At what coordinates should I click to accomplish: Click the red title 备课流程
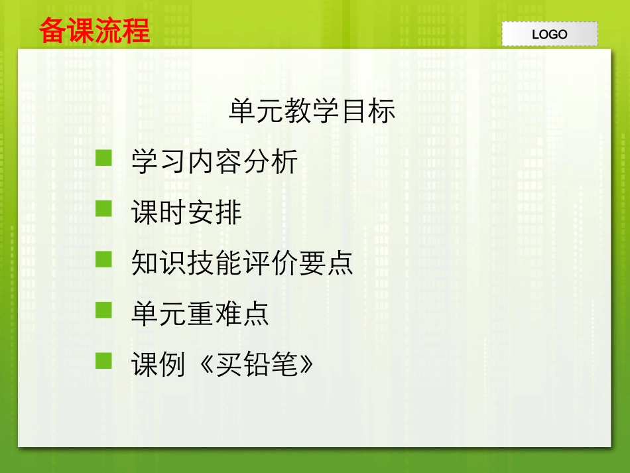click(94, 31)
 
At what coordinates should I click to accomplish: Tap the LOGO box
click(549, 34)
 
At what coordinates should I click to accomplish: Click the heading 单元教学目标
click(312, 111)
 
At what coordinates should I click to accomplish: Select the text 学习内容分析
click(214, 162)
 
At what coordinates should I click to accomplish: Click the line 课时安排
click(186, 212)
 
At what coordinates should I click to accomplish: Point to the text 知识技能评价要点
click(242, 263)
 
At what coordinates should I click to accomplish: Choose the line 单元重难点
click(200, 313)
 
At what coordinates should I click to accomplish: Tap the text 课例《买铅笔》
click(223, 364)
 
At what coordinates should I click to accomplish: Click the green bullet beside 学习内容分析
click(104, 158)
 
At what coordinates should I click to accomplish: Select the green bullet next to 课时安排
click(104, 209)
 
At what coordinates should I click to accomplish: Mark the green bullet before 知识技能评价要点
click(104, 259)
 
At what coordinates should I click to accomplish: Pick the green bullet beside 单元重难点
click(104, 310)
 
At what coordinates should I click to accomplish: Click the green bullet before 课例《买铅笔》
click(104, 360)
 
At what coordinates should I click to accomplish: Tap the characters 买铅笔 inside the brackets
click(255, 364)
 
